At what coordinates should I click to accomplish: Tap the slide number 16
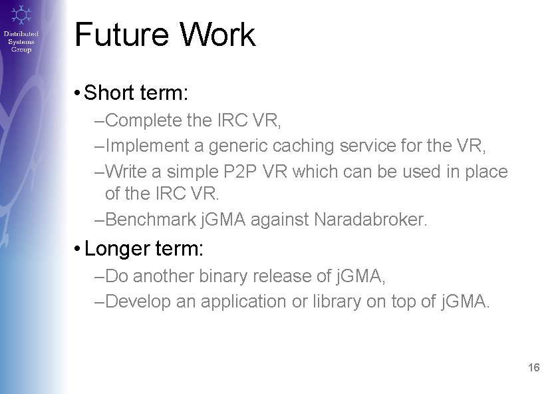click(533, 367)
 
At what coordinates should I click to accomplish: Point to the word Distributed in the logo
click(21, 33)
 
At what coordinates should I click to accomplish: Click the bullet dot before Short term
click(78, 93)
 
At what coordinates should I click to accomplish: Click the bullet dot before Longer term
click(78, 250)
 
